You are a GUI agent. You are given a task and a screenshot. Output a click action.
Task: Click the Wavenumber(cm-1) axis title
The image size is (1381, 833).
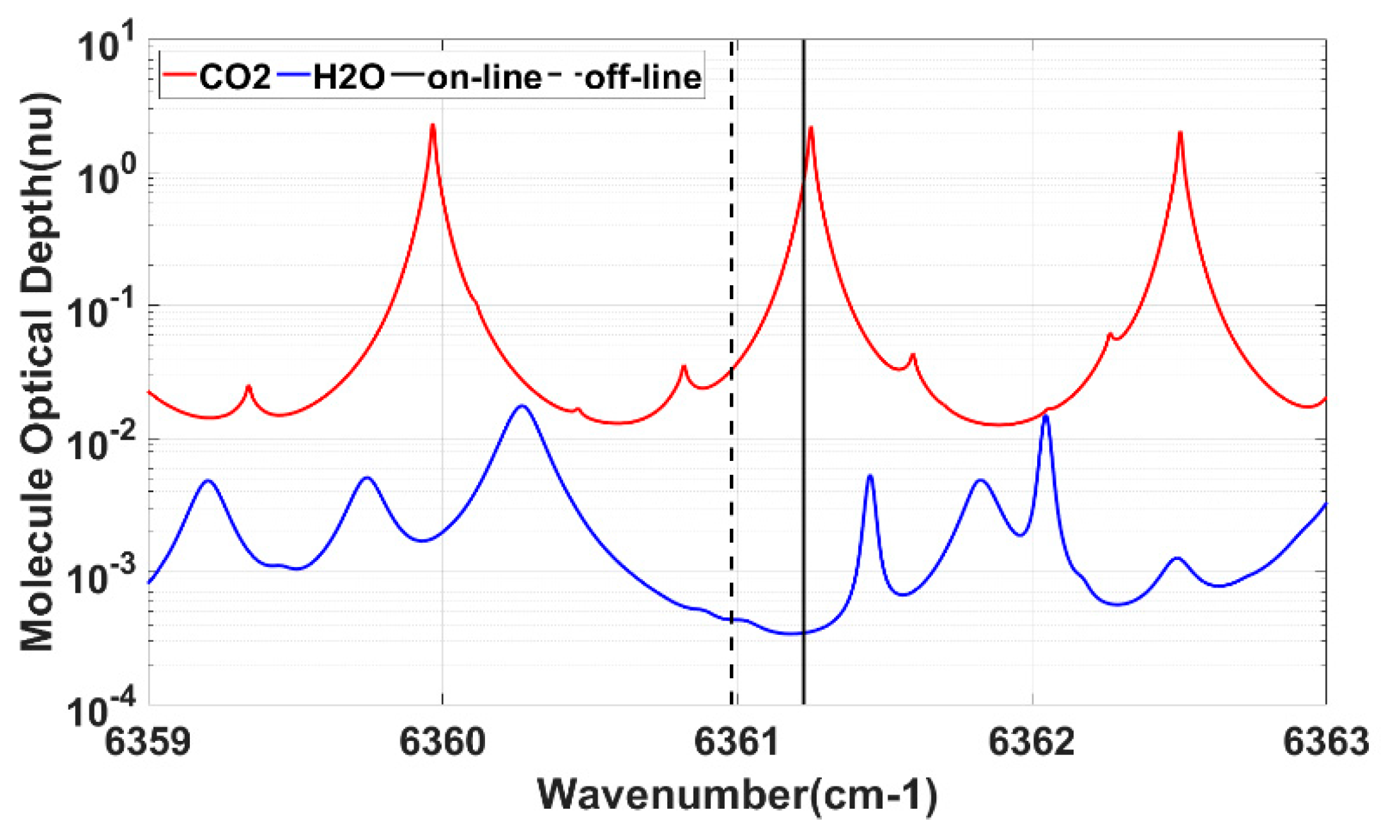[737, 795]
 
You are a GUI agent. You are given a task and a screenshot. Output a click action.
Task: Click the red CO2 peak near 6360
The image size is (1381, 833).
[433, 126]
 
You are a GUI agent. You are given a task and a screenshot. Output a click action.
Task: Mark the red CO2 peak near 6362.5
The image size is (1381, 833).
[1180, 133]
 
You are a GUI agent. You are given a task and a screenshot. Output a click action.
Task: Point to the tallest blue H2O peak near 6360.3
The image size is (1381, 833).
[522, 406]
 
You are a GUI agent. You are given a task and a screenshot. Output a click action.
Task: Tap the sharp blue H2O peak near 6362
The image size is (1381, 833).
[1045, 416]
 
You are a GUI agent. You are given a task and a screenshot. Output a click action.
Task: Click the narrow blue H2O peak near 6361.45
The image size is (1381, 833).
[870, 476]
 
